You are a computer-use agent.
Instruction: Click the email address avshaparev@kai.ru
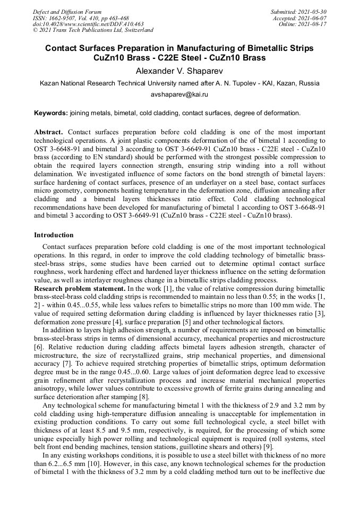(x=179, y=94)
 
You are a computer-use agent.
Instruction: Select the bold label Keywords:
(x=51, y=113)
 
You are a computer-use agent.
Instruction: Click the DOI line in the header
(x=88, y=24)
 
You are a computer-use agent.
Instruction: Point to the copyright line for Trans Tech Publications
(x=93, y=30)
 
